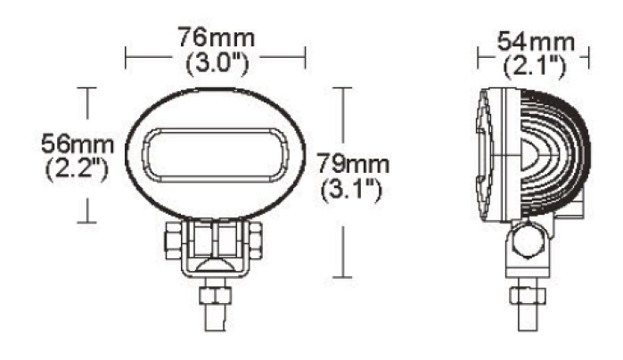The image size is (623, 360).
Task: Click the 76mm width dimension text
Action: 216,39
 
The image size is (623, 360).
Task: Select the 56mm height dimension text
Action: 76,143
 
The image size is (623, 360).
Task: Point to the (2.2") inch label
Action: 76,168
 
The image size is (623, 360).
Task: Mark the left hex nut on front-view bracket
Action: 171,238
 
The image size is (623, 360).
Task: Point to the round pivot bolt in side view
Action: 526,239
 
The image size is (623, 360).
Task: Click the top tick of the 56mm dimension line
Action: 86,88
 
